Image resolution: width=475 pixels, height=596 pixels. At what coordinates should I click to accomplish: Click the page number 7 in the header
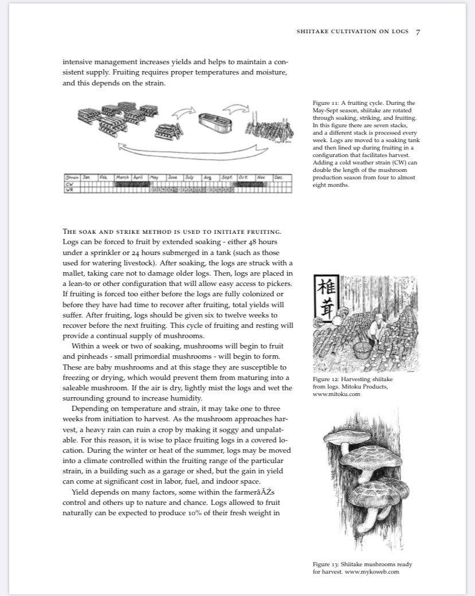pyautogui.click(x=418, y=32)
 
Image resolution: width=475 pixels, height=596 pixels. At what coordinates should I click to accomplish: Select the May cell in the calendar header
pyautogui.click(x=154, y=178)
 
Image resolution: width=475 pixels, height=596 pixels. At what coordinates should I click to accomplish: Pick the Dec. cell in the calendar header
pyautogui.click(x=279, y=178)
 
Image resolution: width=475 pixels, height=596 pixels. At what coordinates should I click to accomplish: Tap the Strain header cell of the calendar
pyautogui.click(x=72, y=178)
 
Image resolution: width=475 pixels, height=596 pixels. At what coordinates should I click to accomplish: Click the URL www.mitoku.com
pyautogui.click(x=336, y=394)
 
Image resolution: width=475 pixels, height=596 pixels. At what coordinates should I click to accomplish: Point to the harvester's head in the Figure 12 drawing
pyautogui.click(x=377, y=312)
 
